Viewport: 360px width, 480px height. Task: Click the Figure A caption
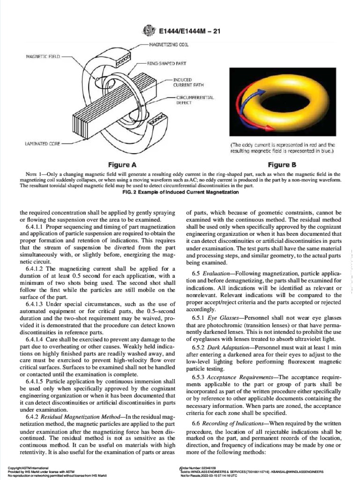[x=122, y=165]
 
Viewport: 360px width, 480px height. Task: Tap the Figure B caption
[x=281, y=165]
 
